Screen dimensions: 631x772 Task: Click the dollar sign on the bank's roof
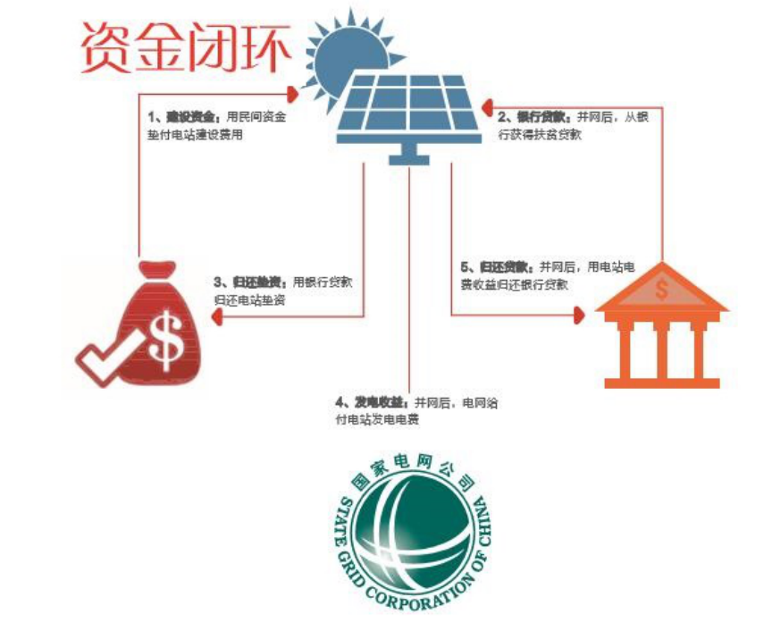click(x=662, y=289)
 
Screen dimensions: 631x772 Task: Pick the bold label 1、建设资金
click(x=184, y=117)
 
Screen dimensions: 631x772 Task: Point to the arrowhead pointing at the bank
click(x=580, y=314)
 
